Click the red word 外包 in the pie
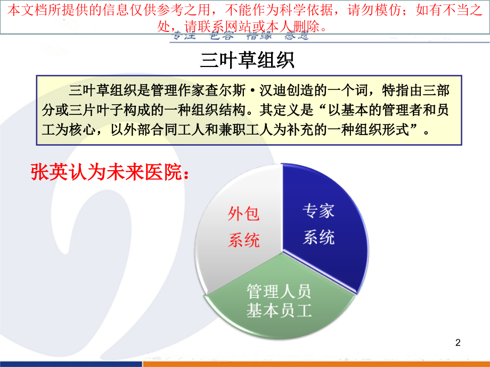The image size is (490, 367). coord(244,214)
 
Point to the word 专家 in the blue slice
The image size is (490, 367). coord(318,211)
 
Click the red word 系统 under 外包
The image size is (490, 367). coord(244,240)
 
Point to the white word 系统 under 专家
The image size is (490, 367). coord(318,237)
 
